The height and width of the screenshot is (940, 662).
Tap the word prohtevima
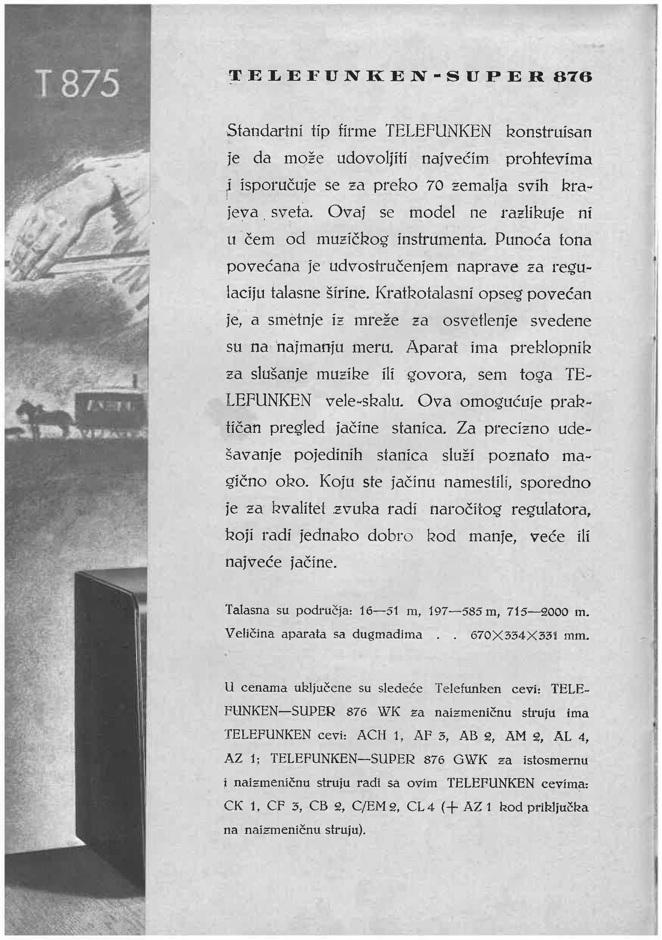(548, 158)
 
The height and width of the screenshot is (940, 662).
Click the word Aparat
(432, 348)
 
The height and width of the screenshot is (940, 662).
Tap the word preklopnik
(550, 348)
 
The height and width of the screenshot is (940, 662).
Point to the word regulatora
(551, 510)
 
